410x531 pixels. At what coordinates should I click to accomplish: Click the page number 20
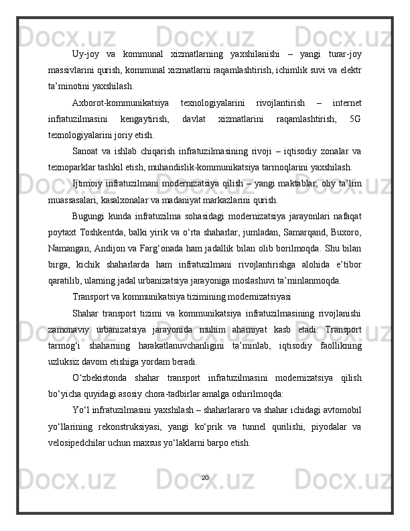(205, 478)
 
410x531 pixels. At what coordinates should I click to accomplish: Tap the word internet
(344, 103)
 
